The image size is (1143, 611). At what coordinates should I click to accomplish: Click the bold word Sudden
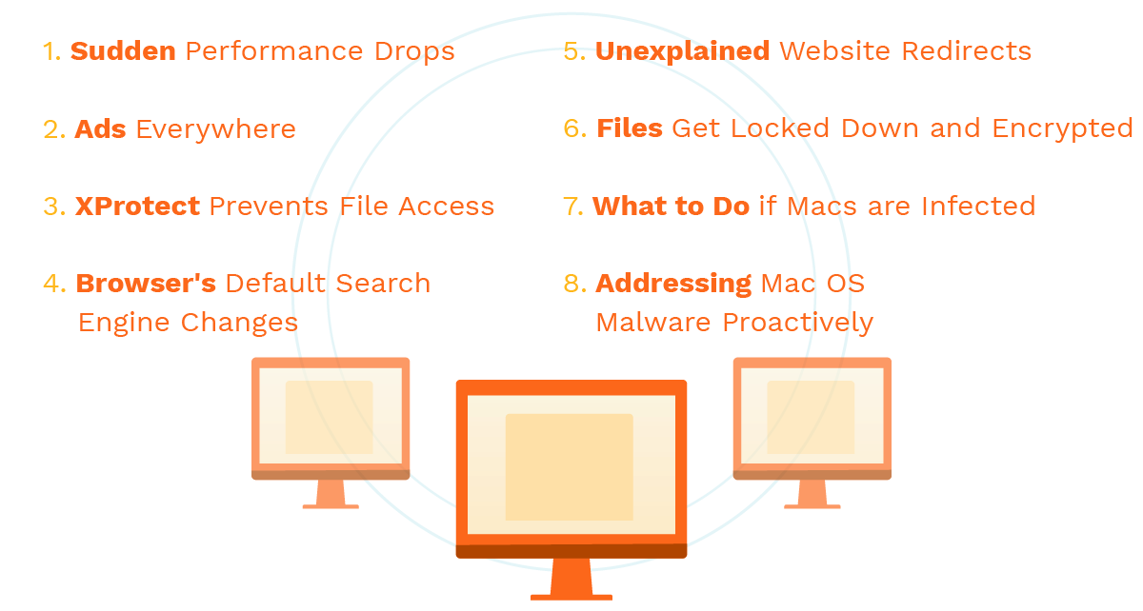tap(123, 51)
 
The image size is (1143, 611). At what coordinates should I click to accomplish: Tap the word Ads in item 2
tap(100, 129)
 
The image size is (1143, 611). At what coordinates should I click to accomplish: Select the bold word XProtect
tap(137, 207)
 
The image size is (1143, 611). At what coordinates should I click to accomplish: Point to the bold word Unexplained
tap(682, 51)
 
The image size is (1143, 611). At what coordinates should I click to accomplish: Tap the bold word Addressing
tap(673, 284)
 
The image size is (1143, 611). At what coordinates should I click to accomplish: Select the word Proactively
tap(797, 323)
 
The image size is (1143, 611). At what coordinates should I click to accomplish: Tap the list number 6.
tap(574, 129)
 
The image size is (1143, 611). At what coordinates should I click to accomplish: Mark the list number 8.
tap(574, 284)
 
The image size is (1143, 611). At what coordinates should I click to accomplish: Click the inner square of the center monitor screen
tap(569, 466)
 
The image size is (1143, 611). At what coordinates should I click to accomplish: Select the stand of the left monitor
tap(331, 494)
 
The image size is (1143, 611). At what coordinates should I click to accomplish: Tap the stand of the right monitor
tap(812, 494)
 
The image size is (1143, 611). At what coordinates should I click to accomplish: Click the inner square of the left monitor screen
tap(329, 417)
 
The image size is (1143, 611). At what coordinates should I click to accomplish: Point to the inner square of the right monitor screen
tap(811, 417)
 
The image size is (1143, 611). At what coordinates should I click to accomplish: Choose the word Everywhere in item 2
tap(215, 129)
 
